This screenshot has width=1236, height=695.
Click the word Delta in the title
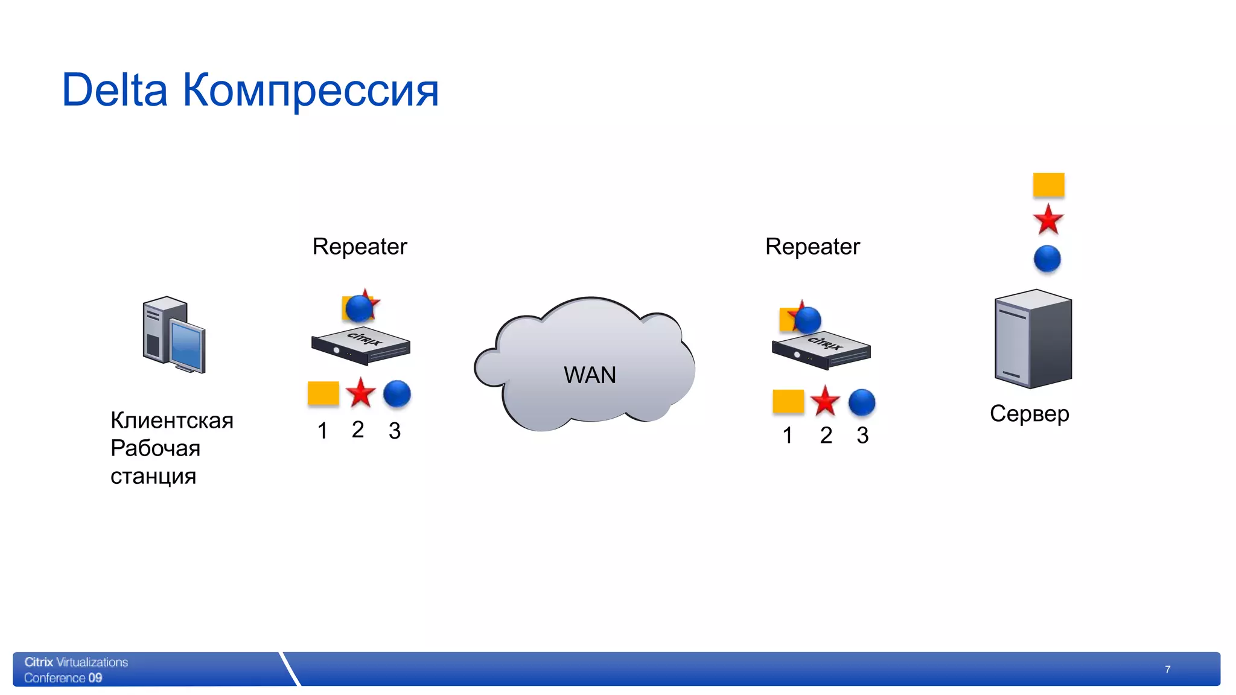pyautogui.click(x=115, y=90)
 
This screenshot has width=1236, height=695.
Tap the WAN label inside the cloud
pyautogui.click(x=590, y=375)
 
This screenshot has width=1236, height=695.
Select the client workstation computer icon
pyautogui.click(x=174, y=335)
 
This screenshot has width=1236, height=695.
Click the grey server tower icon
pyautogui.click(x=1033, y=338)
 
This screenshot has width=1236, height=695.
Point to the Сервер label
pyautogui.click(x=1030, y=414)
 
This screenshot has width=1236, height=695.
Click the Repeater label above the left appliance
pyautogui.click(x=360, y=247)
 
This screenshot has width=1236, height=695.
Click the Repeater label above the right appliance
pyautogui.click(x=812, y=247)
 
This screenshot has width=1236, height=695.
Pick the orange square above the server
pyautogui.click(x=1048, y=185)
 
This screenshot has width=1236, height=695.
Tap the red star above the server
pyautogui.click(x=1048, y=220)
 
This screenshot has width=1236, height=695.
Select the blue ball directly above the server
pyautogui.click(x=1047, y=259)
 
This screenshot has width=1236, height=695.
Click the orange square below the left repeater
pyautogui.click(x=323, y=393)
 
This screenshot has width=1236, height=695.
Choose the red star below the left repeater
pyautogui.click(x=361, y=393)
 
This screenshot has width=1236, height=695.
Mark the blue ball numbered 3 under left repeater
pyautogui.click(x=397, y=393)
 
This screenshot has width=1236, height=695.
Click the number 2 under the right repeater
pyautogui.click(x=826, y=435)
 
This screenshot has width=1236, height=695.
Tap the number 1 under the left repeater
pyautogui.click(x=322, y=431)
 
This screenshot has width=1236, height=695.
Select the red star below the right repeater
pyautogui.click(x=824, y=402)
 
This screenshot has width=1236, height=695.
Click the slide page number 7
pyautogui.click(x=1168, y=670)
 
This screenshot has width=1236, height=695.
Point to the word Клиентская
pyautogui.click(x=172, y=420)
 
